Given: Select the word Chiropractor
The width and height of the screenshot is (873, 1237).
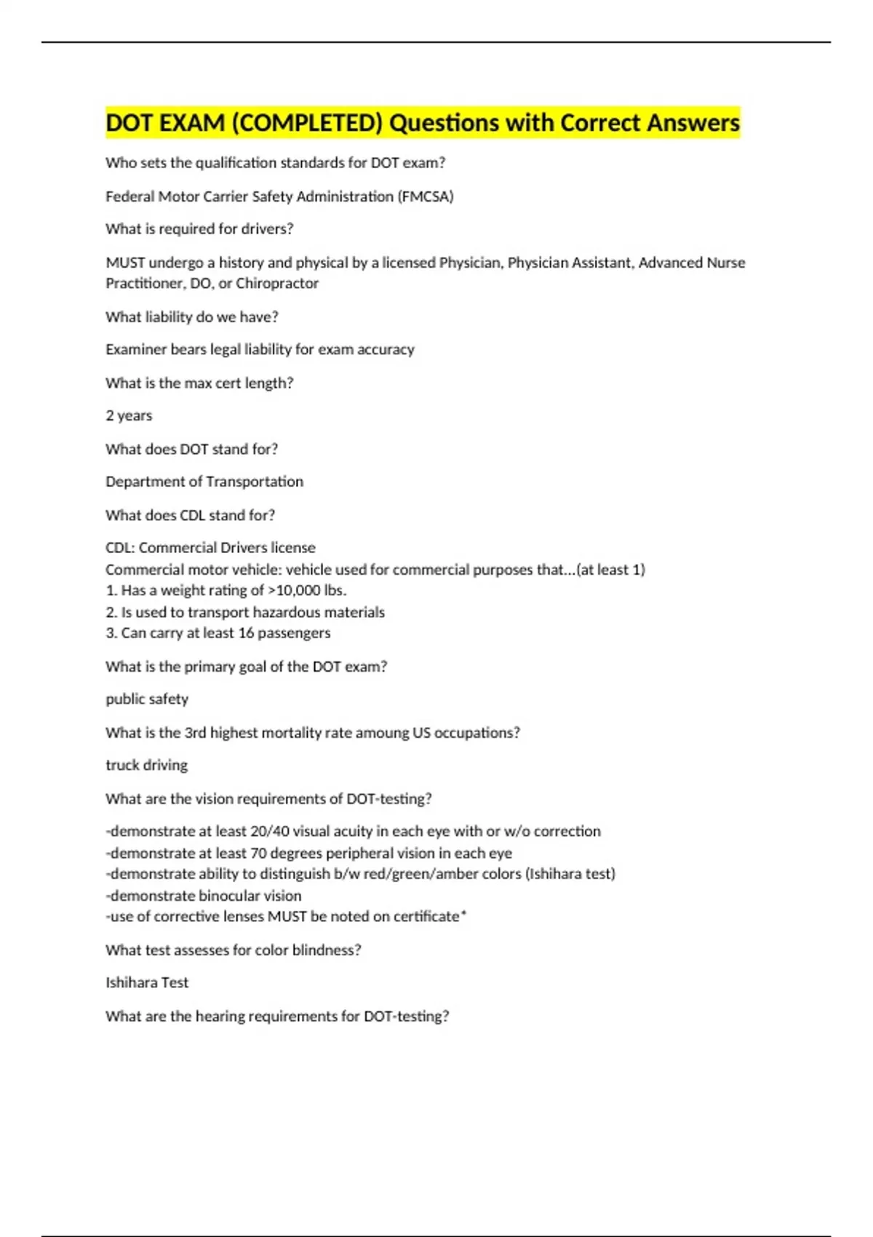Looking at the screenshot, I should click(x=277, y=283).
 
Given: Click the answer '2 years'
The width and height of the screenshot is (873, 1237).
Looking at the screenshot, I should click(x=129, y=415).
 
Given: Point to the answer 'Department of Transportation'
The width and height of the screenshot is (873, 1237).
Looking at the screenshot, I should click(x=204, y=482).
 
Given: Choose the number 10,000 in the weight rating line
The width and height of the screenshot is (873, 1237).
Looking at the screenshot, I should click(x=298, y=590).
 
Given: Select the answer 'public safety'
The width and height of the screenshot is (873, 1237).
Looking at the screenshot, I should click(x=147, y=699).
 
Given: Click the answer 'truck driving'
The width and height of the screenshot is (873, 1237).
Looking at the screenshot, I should click(x=146, y=765).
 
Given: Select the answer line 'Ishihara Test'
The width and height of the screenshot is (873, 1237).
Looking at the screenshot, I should click(x=147, y=982).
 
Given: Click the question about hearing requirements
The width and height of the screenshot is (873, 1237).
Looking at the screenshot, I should click(x=277, y=1016).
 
